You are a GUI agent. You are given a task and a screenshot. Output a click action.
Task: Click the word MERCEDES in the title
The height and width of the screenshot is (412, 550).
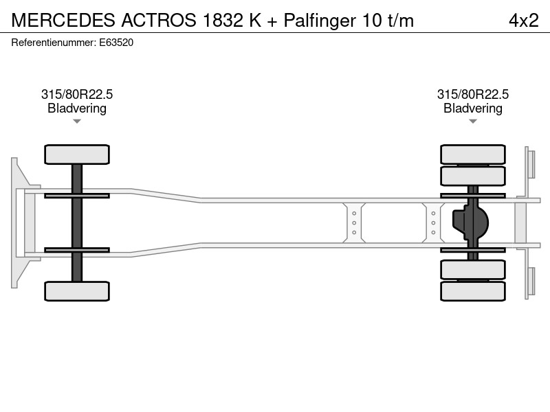(63, 21)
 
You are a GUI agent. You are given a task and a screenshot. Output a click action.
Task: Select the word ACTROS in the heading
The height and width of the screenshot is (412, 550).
(159, 21)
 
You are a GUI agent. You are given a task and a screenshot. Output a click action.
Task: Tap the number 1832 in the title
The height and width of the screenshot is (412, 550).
(223, 21)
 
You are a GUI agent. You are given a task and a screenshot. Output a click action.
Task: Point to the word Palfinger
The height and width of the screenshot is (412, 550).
(320, 21)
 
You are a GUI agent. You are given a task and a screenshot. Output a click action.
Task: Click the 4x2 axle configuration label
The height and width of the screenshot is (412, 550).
(524, 21)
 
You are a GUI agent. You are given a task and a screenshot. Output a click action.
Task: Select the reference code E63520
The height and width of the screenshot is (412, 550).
(116, 43)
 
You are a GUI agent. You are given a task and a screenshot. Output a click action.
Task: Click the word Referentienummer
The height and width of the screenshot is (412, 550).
(54, 43)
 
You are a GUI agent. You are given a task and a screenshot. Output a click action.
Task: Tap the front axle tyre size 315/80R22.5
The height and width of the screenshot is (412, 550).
(77, 94)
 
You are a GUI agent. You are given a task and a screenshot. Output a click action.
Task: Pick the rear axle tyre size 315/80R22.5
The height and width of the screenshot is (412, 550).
(473, 94)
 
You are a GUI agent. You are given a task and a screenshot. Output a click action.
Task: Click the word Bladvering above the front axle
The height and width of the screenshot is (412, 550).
(77, 108)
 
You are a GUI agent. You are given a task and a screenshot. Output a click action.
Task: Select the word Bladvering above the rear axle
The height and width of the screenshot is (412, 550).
(473, 108)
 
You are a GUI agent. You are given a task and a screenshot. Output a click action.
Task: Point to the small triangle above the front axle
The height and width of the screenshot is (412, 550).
(77, 122)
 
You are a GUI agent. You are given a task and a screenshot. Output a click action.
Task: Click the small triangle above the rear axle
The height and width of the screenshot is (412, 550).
(473, 122)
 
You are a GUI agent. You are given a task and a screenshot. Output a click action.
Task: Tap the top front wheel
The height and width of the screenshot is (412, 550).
(77, 154)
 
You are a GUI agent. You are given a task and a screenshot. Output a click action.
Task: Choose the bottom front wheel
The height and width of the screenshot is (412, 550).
(77, 291)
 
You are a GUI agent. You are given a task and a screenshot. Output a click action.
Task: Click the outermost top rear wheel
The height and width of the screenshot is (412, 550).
(473, 154)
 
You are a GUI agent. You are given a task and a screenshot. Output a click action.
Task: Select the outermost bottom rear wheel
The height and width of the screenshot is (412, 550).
(473, 291)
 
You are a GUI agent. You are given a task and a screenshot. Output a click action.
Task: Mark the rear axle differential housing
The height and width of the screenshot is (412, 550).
(470, 222)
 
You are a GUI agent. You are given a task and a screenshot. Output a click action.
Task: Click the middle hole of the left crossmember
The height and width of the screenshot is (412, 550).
(354, 222)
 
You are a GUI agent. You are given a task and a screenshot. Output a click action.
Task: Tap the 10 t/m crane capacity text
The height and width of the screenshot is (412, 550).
(388, 21)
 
